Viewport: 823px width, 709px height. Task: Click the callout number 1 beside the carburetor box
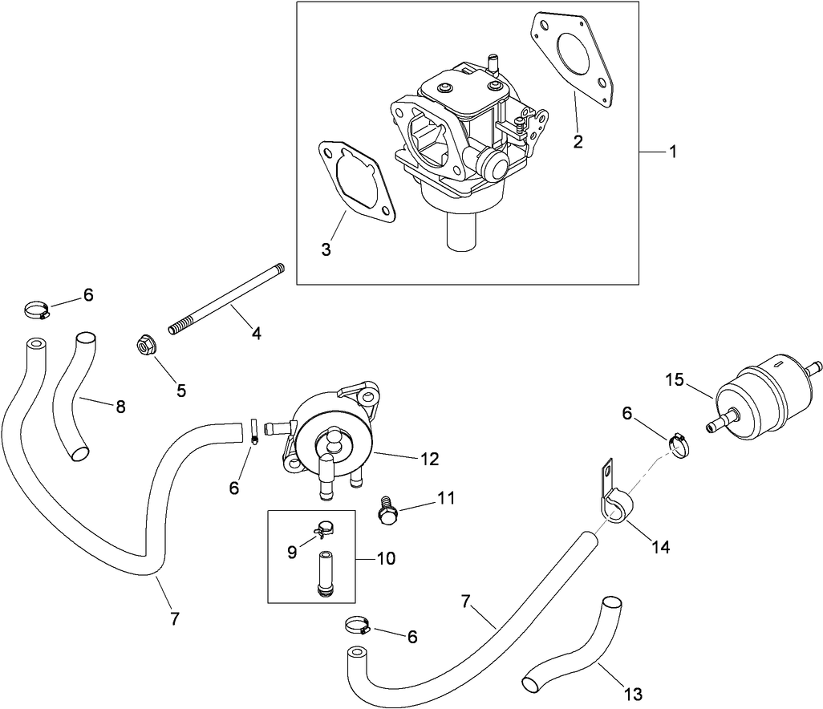(673, 152)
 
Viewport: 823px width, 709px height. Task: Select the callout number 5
(181, 391)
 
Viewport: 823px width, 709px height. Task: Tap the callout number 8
(120, 407)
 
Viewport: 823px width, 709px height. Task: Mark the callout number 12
(429, 460)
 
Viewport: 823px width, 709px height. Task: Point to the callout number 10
(386, 558)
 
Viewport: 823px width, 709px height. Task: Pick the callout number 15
(675, 379)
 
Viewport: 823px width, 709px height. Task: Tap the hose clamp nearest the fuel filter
(679, 444)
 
